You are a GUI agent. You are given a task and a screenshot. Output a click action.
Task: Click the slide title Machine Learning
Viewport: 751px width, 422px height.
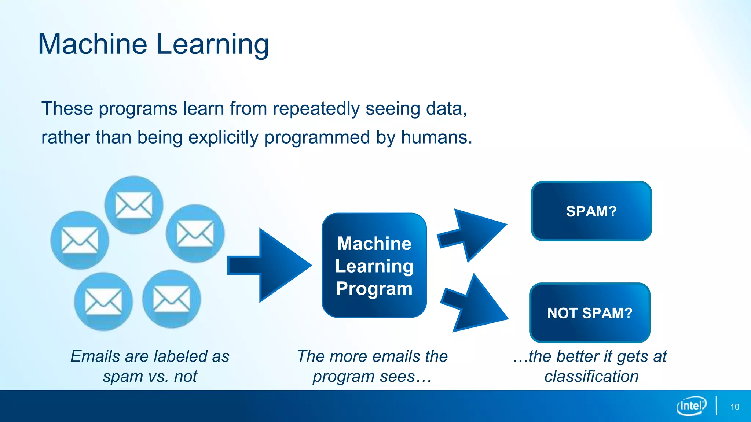[x=153, y=44]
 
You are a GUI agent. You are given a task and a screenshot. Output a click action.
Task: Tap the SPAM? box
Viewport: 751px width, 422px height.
[x=591, y=211]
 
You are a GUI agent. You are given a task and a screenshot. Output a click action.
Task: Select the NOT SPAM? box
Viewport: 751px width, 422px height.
[x=590, y=313]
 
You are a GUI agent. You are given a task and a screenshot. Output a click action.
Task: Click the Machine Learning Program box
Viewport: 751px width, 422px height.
[x=374, y=265]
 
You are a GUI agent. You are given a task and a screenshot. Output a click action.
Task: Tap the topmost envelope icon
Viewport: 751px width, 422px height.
[x=134, y=205]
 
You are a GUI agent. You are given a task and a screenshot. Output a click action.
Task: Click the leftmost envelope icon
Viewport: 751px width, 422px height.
[x=80, y=240]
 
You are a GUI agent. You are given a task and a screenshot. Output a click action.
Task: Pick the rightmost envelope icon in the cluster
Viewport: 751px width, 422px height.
[x=195, y=233]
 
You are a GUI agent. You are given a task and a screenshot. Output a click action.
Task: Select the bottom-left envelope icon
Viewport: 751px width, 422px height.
[x=103, y=301]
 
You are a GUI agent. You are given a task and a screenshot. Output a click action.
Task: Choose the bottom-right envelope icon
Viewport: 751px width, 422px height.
[x=172, y=299]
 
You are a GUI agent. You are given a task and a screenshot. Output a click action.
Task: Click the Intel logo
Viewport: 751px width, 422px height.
[x=691, y=406]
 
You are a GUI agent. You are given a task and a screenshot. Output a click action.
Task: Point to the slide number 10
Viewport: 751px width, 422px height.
[x=734, y=407]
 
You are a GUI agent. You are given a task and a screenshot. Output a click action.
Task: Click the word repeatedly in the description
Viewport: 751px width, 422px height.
[x=316, y=109]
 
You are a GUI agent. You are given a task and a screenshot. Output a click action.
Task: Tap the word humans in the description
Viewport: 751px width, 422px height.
[x=436, y=137]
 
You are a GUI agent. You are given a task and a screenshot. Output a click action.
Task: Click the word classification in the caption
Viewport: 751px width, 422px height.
[x=591, y=376]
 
